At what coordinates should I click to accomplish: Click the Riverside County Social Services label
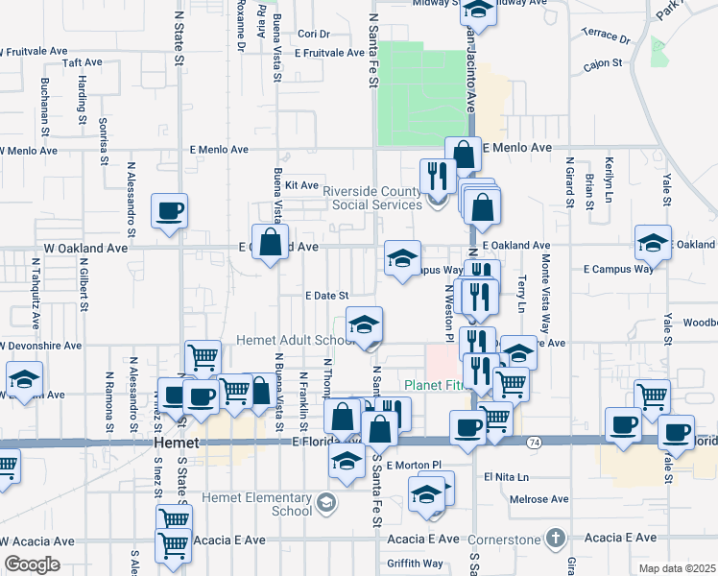tap(372, 198)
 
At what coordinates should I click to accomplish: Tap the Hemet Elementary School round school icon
tap(326, 502)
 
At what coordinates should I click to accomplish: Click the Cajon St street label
tap(603, 64)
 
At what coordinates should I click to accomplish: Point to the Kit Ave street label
tap(301, 185)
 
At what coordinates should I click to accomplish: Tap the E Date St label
tap(325, 297)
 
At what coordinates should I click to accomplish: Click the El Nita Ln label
tap(506, 476)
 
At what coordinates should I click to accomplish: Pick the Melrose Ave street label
tap(539, 499)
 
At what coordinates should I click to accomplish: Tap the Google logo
tap(32, 564)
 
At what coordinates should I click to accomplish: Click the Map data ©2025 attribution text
tap(677, 568)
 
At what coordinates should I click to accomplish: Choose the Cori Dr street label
tap(313, 34)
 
